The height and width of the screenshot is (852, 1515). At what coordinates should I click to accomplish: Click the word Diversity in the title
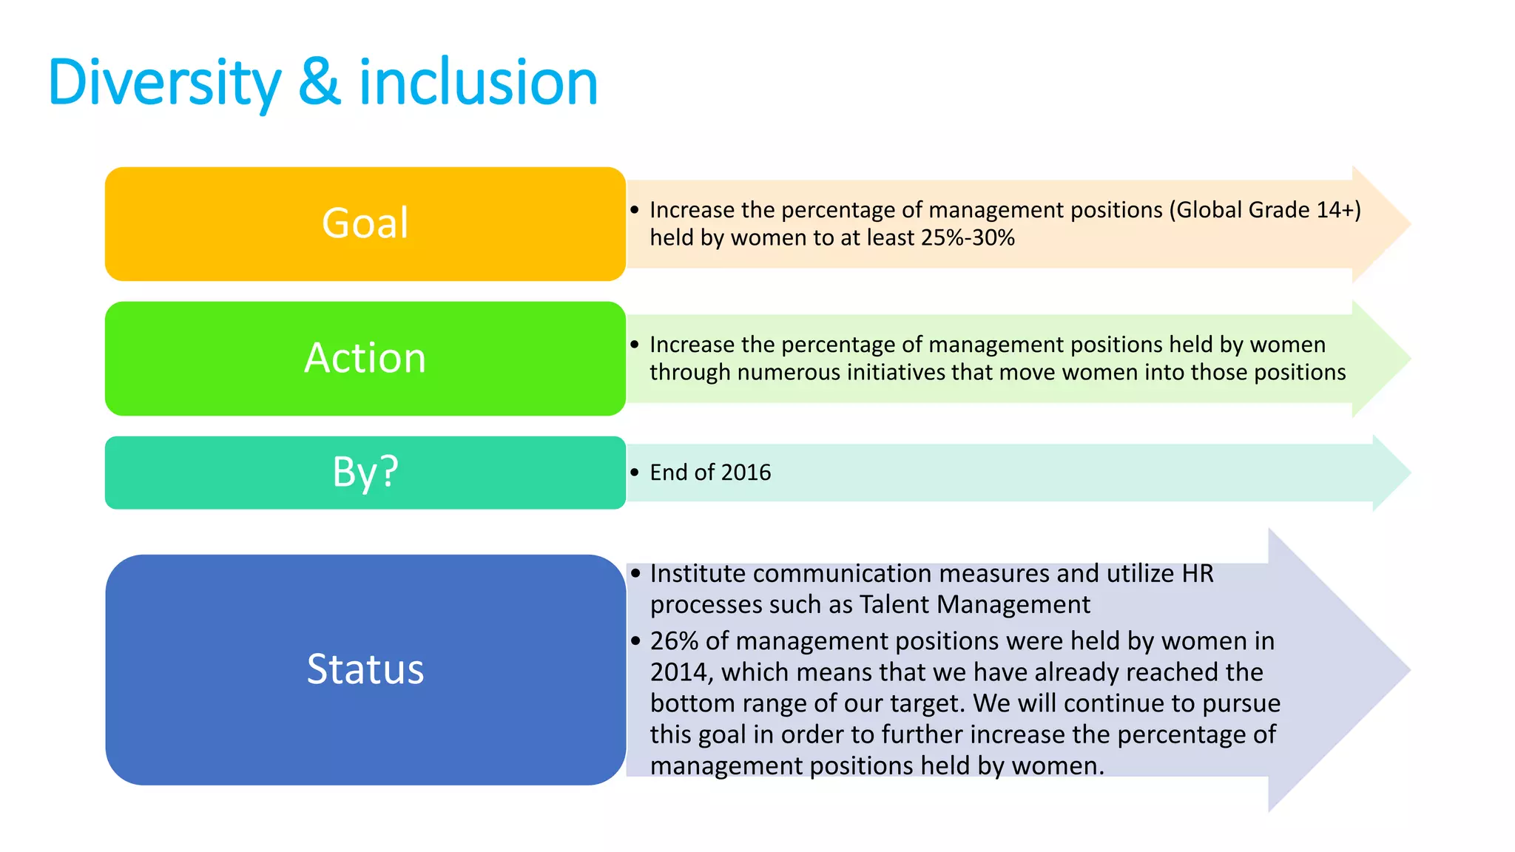tap(164, 83)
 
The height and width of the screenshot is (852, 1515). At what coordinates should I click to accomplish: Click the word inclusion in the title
tap(478, 83)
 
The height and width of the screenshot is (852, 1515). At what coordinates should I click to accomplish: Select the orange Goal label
tap(365, 223)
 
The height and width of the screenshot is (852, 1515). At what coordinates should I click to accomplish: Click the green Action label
tap(365, 358)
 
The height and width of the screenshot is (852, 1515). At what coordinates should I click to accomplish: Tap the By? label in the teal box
tap(365, 472)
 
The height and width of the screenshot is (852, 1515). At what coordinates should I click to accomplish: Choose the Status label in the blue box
tap(365, 669)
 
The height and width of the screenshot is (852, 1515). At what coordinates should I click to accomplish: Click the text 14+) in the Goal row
tap(1339, 210)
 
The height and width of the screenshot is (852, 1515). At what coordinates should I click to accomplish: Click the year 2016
tap(746, 473)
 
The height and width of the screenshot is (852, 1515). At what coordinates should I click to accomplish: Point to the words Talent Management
tap(974, 605)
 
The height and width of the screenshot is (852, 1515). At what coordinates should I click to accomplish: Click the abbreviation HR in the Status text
tap(1198, 574)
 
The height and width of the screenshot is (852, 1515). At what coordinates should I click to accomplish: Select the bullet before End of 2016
tap(635, 473)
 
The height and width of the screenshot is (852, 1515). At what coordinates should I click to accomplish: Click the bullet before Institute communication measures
tap(635, 574)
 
